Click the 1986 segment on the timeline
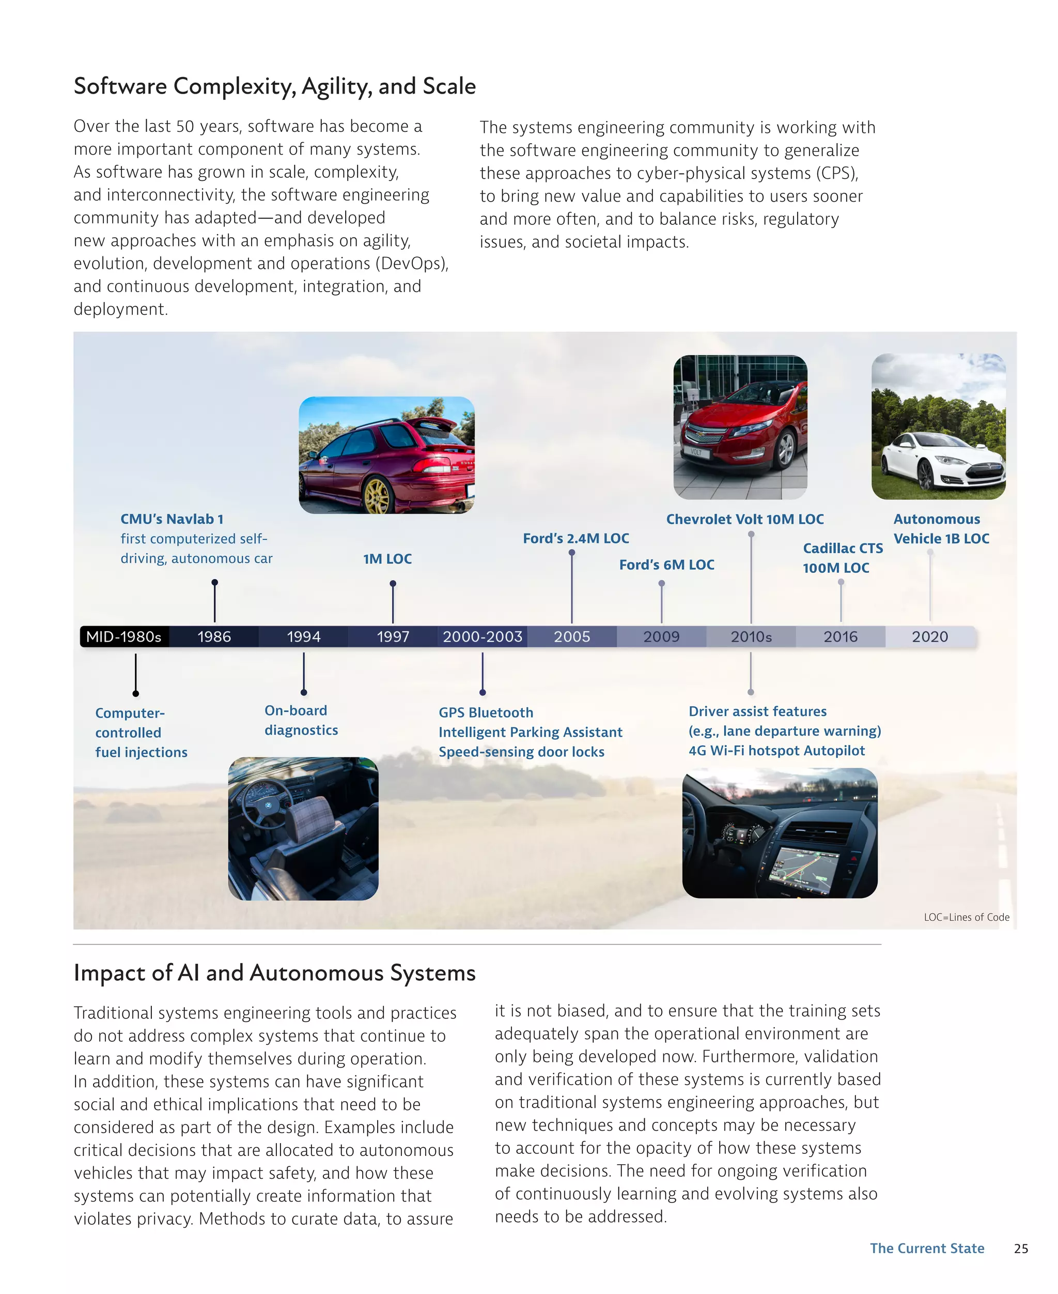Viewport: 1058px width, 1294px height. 214,636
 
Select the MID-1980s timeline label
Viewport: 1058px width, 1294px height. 123,636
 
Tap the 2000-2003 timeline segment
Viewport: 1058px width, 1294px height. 482,636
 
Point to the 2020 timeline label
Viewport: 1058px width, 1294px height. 929,636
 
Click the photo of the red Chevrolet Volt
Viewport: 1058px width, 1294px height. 740,427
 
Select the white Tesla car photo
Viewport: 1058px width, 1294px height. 938,427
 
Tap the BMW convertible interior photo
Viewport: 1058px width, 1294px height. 303,828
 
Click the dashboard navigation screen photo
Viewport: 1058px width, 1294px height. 780,833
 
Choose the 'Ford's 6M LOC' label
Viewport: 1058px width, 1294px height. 667,565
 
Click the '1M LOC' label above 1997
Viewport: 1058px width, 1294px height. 387,558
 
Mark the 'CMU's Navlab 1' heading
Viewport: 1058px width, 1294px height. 172,519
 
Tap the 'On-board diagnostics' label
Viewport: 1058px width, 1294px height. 301,720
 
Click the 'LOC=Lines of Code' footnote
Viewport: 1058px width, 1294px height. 967,917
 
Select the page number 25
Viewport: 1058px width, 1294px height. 1021,1249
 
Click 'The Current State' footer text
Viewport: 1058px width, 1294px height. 927,1249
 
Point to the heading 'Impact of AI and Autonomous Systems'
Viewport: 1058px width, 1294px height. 274,972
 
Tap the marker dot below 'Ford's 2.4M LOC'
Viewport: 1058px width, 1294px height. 572,553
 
